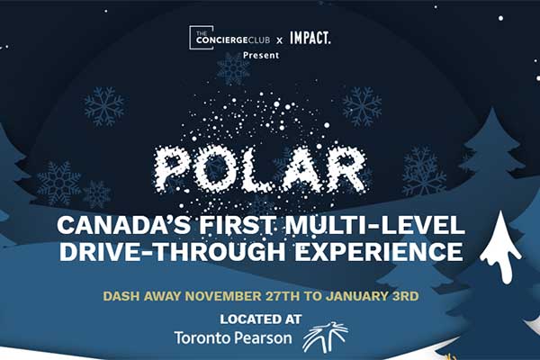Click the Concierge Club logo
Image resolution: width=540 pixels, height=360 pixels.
(x=229, y=38)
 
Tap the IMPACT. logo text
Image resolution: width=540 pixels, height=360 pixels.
(x=310, y=38)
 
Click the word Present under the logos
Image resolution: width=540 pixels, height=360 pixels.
(x=261, y=55)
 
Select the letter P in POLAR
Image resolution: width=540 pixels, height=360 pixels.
(x=172, y=169)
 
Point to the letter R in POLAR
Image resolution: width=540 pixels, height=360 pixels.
(x=346, y=169)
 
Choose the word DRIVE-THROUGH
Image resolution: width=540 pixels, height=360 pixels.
(x=173, y=251)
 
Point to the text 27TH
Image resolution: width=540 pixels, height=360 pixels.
(x=283, y=296)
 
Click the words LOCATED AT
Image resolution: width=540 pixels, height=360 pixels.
(x=261, y=319)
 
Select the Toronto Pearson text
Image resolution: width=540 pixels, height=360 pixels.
(x=233, y=338)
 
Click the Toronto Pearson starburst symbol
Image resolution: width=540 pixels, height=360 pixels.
(x=326, y=337)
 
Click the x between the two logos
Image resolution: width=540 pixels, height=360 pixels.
(x=280, y=40)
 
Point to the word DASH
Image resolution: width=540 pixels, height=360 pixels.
(x=121, y=296)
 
